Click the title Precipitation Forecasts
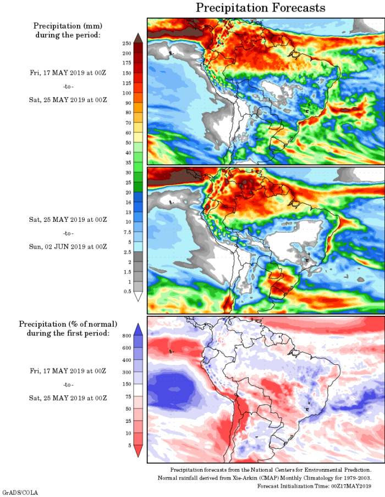tap(260, 8)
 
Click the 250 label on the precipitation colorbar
tap(127, 43)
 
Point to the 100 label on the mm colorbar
tap(127, 93)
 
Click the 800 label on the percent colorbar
tap(126, 335)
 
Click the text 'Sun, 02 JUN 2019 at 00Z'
tap(68, 246)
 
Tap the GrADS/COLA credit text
tap(20, 493)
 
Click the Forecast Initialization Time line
tap(314, 486)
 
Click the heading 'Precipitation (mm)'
tap(68, 26)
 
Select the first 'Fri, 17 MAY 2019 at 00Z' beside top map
tap(68, 72)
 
